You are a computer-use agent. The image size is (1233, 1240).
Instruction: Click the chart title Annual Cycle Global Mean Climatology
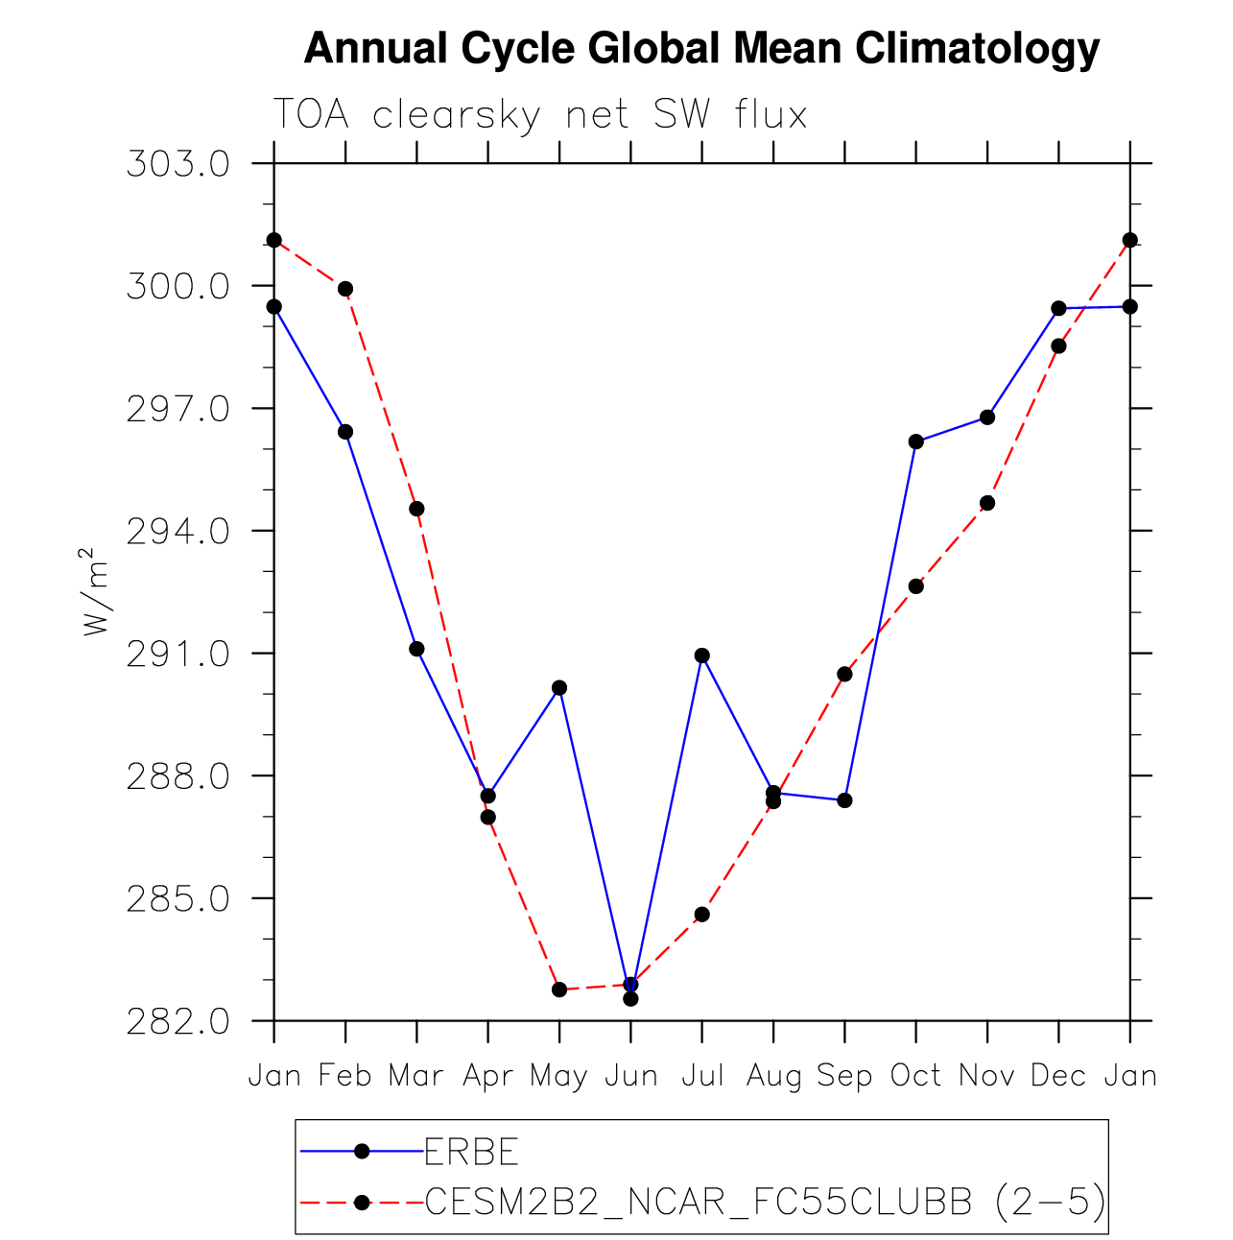(701, 48)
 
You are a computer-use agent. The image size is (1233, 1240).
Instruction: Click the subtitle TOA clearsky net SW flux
(540, 114)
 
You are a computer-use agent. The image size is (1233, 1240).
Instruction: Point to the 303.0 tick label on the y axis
(178, 164)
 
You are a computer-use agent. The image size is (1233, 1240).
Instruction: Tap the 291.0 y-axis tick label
(178, 654)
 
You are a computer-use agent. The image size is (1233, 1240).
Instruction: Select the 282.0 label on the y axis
(178, 1021)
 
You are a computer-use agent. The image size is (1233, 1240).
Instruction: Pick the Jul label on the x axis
(702, 1076)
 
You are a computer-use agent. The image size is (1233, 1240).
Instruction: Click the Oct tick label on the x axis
(915, 1076)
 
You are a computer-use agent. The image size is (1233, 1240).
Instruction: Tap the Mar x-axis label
(416, 1076)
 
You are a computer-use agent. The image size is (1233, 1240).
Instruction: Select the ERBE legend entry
(471, 1151)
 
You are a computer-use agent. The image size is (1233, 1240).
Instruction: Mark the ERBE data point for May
(559, 687)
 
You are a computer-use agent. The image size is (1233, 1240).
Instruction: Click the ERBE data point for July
(702, 656)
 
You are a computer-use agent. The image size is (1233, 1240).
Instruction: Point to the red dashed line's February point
(345, 289)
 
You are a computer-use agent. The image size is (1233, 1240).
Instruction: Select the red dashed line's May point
(559, 990)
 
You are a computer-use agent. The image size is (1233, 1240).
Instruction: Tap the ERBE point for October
(915, 441)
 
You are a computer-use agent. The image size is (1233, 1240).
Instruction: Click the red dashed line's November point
(987, 503)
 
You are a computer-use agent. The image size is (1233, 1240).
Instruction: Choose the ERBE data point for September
(844, 800)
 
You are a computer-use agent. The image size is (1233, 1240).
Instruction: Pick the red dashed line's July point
(702, 915)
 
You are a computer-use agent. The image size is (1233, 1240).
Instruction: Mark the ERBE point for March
(416, 649)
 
